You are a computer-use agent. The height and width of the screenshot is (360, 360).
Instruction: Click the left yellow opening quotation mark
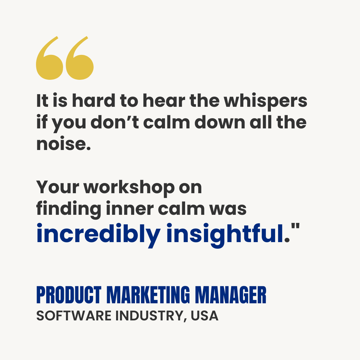(x=49, y=60)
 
